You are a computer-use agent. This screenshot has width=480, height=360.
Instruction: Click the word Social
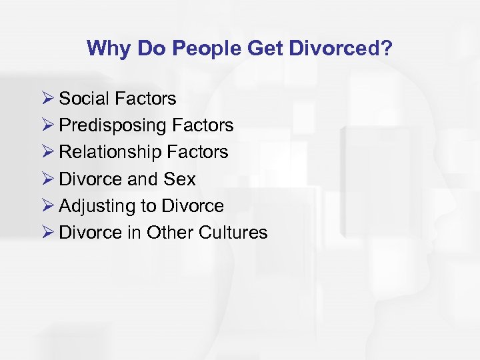click(x=85, y=99)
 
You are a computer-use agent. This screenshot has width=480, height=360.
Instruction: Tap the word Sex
click(x=181, y=179)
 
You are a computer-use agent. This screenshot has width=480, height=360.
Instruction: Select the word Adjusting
click(x=97, y=207)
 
